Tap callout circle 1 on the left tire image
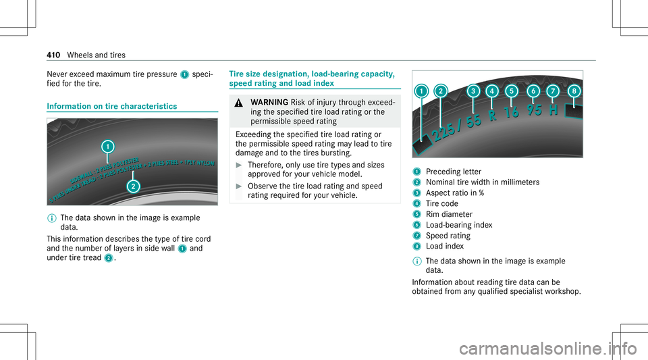click(107, 145)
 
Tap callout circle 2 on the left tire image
click(134, 186)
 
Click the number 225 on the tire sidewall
click(448, 127)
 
